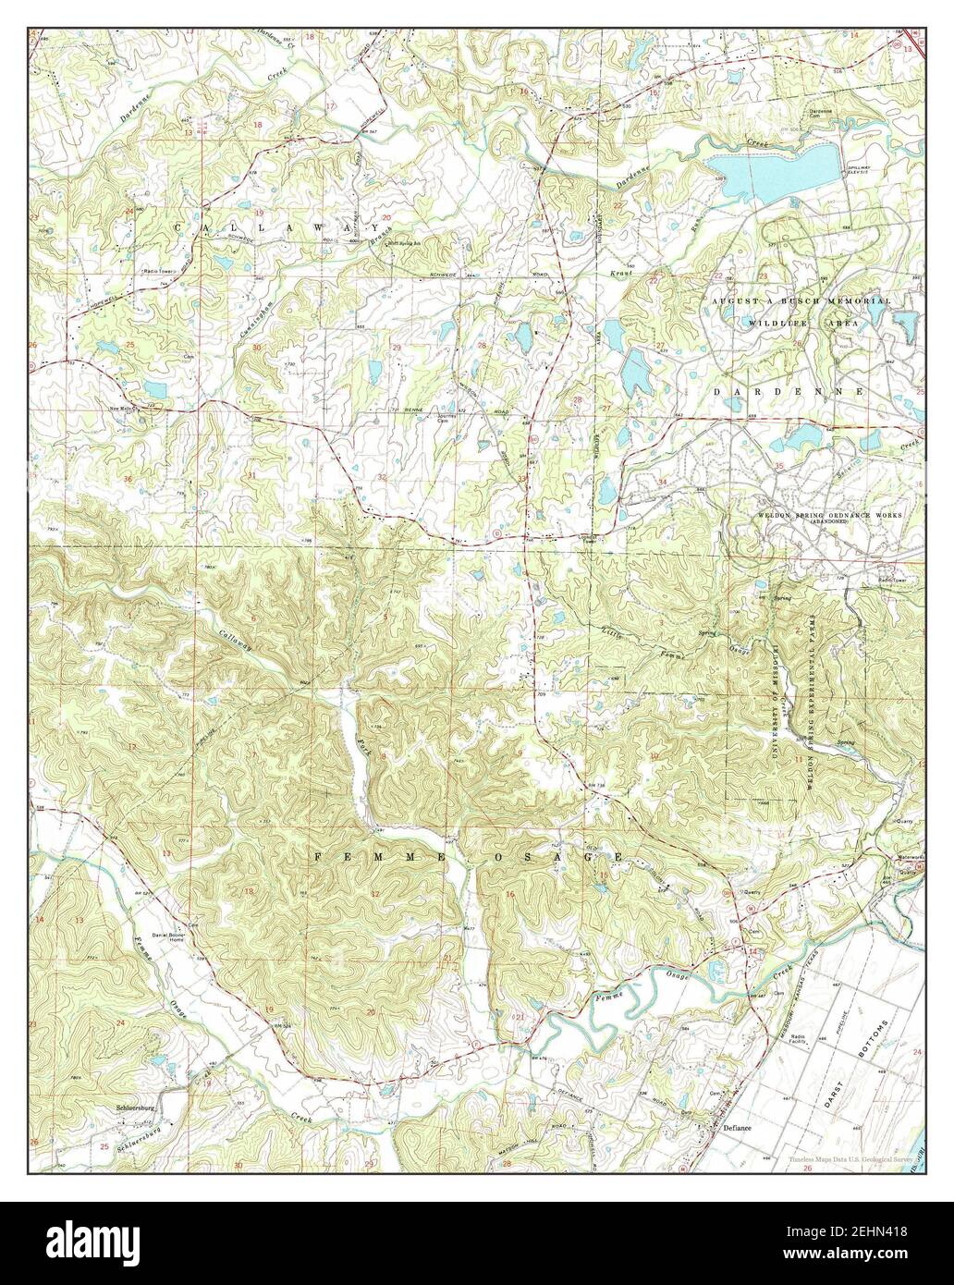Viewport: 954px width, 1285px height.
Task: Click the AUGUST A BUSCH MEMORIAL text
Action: (x=801, y=301)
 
